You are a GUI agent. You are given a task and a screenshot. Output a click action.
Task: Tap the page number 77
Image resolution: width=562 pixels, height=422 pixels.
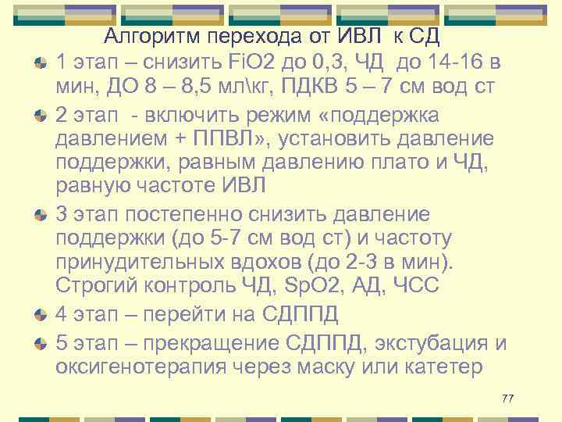click(508, 399)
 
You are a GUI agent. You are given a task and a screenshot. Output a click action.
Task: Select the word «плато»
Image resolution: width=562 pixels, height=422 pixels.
click(407, 164)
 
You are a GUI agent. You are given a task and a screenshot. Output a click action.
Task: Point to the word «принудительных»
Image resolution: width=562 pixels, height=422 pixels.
click(148, 262)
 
